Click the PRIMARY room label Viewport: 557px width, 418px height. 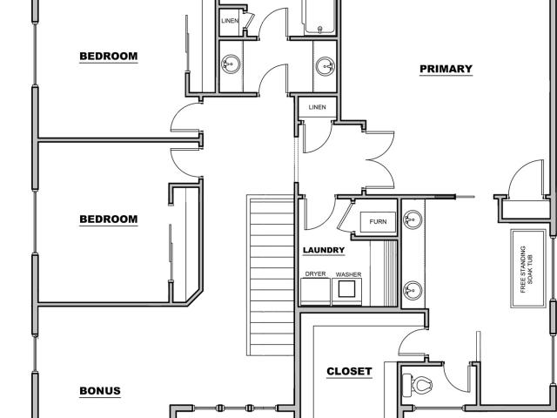(x=446, y=69)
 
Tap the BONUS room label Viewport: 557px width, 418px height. (x=100, y=391)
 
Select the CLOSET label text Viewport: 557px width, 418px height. (x=349, y=372)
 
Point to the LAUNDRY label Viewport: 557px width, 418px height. (x=324, y=250)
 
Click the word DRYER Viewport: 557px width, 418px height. (x=315, y=274)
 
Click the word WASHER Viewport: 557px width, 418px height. (x=348, y=274)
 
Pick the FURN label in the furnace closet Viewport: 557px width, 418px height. (x=378, y=221)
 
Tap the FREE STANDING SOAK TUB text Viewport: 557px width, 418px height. (x=527, y=269)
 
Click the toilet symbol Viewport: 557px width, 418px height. (x=417, y=385)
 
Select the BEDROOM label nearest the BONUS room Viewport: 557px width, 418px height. (x=108, y=219)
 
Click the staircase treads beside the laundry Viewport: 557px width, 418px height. (x=272, y=275)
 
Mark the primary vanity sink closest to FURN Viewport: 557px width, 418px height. (x=413, y=219)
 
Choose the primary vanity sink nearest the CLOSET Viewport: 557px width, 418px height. (x=413, y=290)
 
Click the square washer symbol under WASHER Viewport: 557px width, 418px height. (x=346, y=288)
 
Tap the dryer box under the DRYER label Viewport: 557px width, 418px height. (x=315, y=292)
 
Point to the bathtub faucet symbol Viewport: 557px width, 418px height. (x=319, y=29)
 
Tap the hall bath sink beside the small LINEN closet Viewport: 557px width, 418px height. (x=231, y=64)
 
